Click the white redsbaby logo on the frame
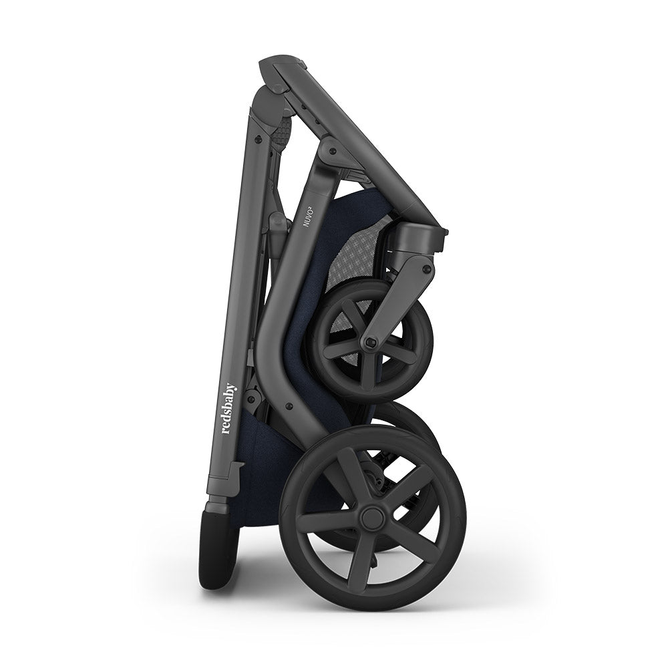tap(228, 408)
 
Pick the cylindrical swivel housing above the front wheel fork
tap(419, 238)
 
